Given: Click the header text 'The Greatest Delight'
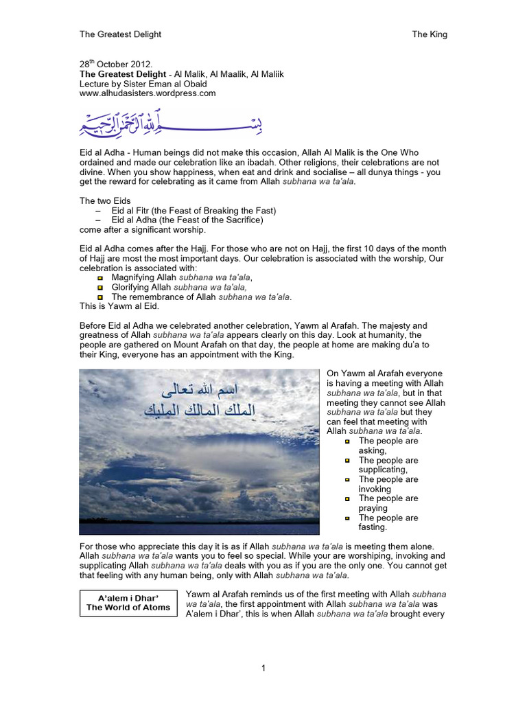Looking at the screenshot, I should click(x=120, y=34).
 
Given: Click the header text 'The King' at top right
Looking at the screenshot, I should click(x=429, y=34).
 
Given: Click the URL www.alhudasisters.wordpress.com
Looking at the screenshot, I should click(x=148, y=93).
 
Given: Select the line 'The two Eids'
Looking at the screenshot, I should click(x=104, y=201).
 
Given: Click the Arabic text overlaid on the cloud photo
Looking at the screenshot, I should click(x=198, y=401).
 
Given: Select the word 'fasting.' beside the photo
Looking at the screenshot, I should click(x=373, y=527).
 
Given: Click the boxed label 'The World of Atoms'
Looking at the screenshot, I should click(x=128, y=608).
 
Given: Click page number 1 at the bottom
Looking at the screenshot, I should click(x=263, y=668).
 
